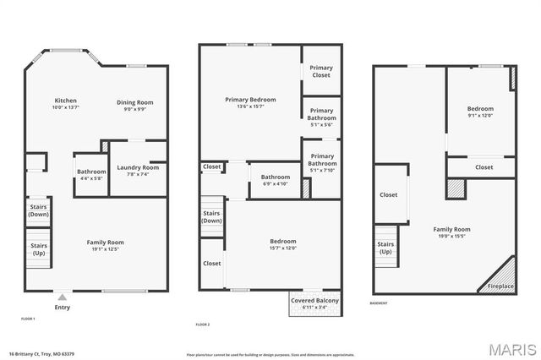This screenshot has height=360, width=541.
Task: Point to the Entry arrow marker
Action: click(62, 297)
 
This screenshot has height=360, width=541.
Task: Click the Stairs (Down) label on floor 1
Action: click(39, 210)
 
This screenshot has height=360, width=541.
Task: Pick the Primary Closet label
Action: click(321, 72)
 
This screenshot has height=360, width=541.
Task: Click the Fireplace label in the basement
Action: click(500, 286)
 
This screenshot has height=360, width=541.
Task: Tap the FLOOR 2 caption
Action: click(203, 325)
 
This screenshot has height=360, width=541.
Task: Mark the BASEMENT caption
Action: click(380, 303)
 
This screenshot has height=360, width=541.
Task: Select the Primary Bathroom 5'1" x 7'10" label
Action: click(321, 162)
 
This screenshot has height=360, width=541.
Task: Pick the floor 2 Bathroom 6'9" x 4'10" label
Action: click(275, 180)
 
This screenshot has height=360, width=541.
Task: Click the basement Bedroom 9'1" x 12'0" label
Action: click(480, 112)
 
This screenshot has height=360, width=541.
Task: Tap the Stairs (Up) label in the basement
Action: click(385, 248)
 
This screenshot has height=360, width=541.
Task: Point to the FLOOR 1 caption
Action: click(28, 319)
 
